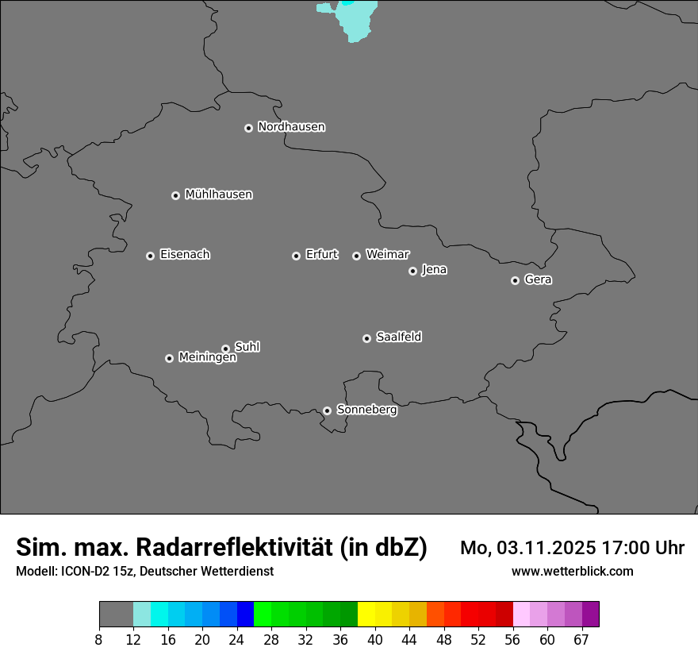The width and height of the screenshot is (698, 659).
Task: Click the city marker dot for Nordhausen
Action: click(248, 128)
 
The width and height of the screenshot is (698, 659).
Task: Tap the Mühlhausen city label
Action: click(218, 195)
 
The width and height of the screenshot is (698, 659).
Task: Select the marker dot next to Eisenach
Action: click(150, 256)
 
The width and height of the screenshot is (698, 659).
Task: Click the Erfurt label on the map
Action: click(321, 255)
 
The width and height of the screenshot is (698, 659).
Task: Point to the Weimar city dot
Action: click(356, 256)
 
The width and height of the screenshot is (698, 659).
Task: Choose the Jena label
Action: click(434, 270)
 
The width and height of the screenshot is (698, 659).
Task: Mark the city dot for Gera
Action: click(515, 280)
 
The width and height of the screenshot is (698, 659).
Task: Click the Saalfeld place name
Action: click(398, 337)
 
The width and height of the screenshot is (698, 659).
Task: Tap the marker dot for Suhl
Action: click(225, 349)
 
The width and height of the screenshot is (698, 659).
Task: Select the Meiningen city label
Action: click(207, 358)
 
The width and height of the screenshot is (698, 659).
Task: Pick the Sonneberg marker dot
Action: click(327, 410)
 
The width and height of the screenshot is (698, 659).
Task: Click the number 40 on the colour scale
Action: click(374, 638)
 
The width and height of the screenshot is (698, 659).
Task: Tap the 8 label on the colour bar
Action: click(99, 638)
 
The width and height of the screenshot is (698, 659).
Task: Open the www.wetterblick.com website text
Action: click(572, 571)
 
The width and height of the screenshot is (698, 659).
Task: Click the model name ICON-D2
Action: click(82, 571)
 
